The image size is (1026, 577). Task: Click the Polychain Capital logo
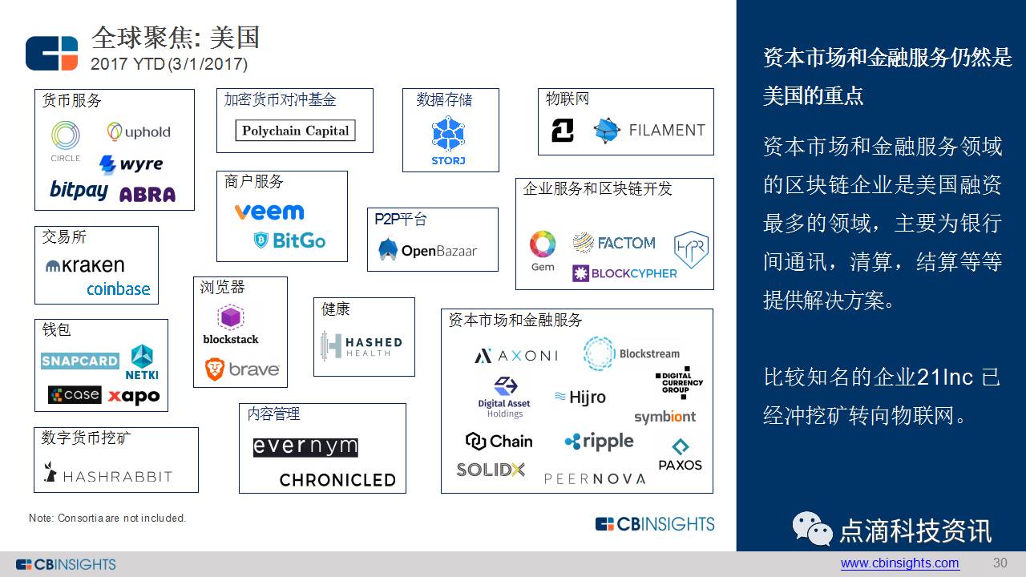[x=295, y=131]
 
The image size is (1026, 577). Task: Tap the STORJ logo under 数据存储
[x=448, y=141]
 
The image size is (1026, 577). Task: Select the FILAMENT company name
[x=666, y=130]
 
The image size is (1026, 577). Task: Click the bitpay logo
[x=79, y=190]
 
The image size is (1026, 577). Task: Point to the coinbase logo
[x=118, y=289]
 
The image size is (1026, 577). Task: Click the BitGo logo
[x=289, y=240]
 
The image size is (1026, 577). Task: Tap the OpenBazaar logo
[x=428, y=250]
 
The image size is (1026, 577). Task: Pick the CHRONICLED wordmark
[x=337, y=480]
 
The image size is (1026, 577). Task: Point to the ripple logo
[x=599, y=441]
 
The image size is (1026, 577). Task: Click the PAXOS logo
[x=680, y=454]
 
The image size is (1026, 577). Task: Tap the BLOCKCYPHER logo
[x=624, y=273]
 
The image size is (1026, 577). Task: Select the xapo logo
[x=134, y=396]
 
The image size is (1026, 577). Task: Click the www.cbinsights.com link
[x=899, y=563]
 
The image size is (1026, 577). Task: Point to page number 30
[x=1000, y=563]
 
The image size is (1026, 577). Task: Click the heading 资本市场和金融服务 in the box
[x=515, y=321]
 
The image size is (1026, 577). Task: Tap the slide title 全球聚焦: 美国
[x=176, y=37]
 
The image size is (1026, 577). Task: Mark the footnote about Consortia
[x=107, y=518]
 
